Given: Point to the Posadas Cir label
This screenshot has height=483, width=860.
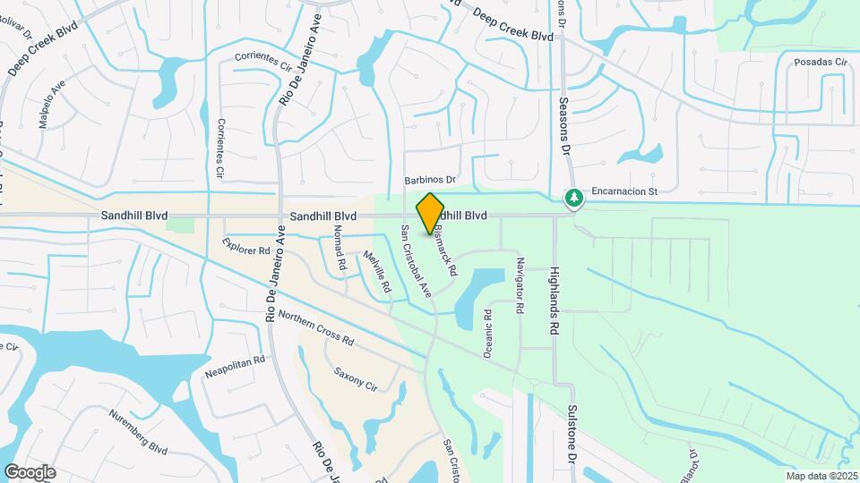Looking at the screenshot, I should click(x=820, y=63).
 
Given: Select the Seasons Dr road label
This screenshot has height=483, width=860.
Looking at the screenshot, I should click(x=565, y=126).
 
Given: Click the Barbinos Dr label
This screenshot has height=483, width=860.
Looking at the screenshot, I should click(x=430, y=180).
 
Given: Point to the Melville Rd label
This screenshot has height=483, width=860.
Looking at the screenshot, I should click(x=377, y=271).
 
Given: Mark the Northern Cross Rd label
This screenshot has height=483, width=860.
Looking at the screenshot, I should click(x=316, y=328).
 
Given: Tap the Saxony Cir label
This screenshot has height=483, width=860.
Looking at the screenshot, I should click(x=355, y=377).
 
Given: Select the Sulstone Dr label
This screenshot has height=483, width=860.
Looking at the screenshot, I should click(x=571, y=434).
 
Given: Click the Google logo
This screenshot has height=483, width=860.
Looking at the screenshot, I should click(x=30, y=471).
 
